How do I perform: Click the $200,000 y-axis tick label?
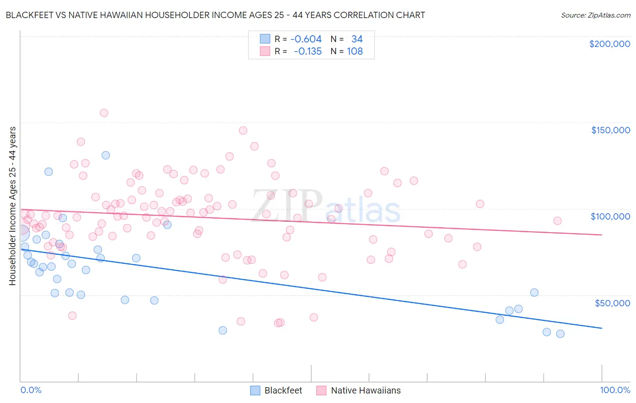coord(609,44)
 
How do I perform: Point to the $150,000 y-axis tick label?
coord(610,130)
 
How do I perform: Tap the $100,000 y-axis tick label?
coord(610,216)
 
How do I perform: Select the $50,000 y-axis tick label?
coord(612,303)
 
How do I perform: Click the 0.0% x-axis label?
coord(31,390)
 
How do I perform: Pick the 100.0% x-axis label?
coord(615,390)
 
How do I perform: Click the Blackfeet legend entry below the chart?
coord(276,390)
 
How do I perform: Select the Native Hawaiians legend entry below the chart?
coord(358,390)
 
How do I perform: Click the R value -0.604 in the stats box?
coord(306,39)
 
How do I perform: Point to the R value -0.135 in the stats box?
coord(308,52)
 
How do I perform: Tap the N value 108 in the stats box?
coord(355,52)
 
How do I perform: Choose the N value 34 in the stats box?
coord(357,39)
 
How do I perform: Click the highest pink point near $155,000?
coord(104,113)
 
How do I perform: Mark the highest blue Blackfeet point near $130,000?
coord(106,155)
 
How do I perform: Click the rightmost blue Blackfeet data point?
coord(560,334)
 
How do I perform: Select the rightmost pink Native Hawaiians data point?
coord(557,221)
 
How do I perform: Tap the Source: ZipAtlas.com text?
coord(595,15)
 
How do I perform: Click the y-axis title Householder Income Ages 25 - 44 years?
coord(13,206)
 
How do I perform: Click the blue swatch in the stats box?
coord(265,39)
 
